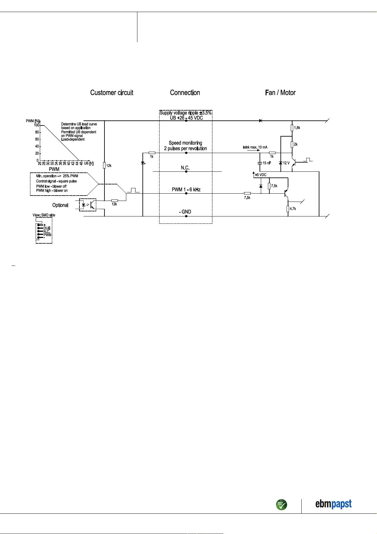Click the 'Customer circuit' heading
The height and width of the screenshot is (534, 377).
(x=111, y=93)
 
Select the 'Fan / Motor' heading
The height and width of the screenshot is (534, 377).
(x=280, y=93)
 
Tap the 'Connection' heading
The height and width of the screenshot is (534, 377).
(x=185, y=93)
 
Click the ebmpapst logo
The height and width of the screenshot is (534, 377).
(x=333, y=504)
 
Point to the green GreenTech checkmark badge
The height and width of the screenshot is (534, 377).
(x=281, y=505)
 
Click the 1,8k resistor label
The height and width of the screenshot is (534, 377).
(x=297, y=128)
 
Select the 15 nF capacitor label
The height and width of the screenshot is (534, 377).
(x=267, y=163)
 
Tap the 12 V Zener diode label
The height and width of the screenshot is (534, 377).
(x=286, y=163)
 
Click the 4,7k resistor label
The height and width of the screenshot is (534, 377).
(x=293, y=209)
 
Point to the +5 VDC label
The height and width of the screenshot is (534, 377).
(x=261, y=175)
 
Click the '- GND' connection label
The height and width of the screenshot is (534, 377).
(x=185, y=212)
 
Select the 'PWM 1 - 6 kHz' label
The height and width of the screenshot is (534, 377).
(x=186, y=190)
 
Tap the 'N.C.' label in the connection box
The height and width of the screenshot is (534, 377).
(x=185, y=168)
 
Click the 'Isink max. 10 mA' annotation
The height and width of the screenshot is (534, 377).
(x=255, y=147)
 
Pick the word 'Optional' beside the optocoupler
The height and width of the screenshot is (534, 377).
(x=60, y=205)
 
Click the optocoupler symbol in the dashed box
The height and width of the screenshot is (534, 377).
(x=88, y=205)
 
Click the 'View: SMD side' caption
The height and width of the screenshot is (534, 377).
(x=44, y=215)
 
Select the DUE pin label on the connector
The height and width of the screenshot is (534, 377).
(x=47, y=228)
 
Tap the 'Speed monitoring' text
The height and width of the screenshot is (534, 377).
(x=185, y=143)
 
